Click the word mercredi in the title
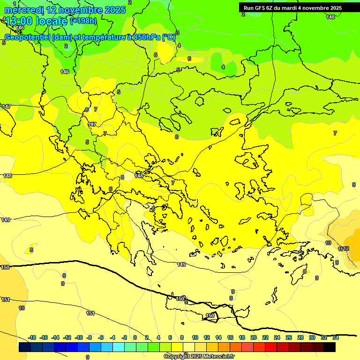tap(24, 10)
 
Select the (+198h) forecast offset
tap(83, 21)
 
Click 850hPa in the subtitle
tap(146, 37)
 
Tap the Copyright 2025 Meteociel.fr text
tap(199, 357)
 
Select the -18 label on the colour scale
tap(32, 337)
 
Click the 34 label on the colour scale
tap(335, 337)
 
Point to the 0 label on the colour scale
tap(135, 337)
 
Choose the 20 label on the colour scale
tap(254, 337)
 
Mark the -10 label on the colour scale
tap(79, 337)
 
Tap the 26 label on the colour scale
tap(289, 337)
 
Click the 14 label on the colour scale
tap(218, 337)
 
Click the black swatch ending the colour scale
tap(330, 347)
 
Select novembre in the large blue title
tap(80, 10)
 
